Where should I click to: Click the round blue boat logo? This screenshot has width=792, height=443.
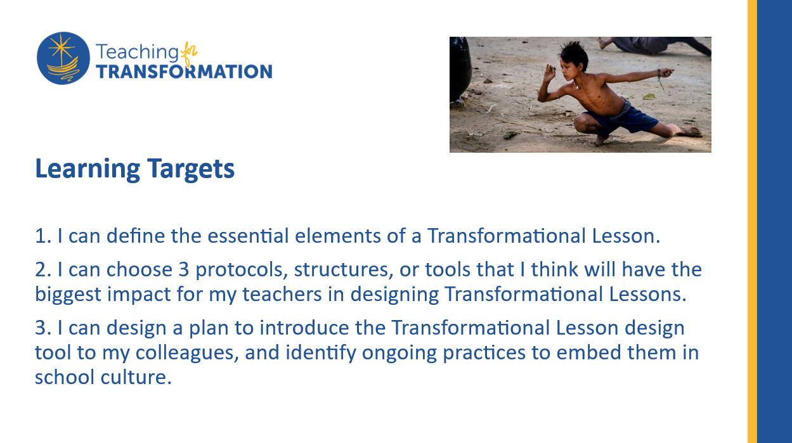(x=63, y=58)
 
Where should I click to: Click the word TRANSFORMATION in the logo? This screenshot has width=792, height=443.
(x=185, y=72)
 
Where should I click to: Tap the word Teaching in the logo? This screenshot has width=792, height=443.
(x=137, y=52)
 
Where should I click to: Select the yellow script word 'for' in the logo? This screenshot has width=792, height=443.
(x=189, y=53)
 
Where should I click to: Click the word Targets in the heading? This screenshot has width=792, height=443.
(x=191, y=169)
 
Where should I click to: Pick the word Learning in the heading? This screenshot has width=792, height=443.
(x=88, y=169)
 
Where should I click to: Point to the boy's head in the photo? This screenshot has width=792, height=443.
(x=573, y=60)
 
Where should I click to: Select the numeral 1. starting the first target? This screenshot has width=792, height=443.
(x=44, y=236)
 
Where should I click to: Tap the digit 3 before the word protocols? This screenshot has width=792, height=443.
(x=184, y=269)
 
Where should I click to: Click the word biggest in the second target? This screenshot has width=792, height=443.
(x=68, y=295)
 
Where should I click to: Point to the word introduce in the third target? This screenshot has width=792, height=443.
(x=304, y=328)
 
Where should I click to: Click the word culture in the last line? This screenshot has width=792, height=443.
(x=136, y=377)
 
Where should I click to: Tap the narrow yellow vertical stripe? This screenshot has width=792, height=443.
(x=753, y=222)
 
